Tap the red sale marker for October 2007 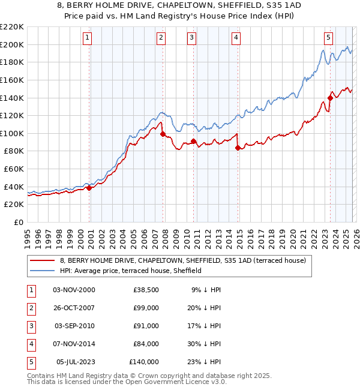163,134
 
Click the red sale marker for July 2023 330,98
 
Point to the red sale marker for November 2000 89,188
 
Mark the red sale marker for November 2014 238,148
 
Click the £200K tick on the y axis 12,44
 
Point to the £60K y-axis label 14,169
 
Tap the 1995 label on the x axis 28,238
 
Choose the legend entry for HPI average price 131,271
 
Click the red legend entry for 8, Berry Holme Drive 183,260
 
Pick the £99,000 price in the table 146,307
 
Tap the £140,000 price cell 144,361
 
